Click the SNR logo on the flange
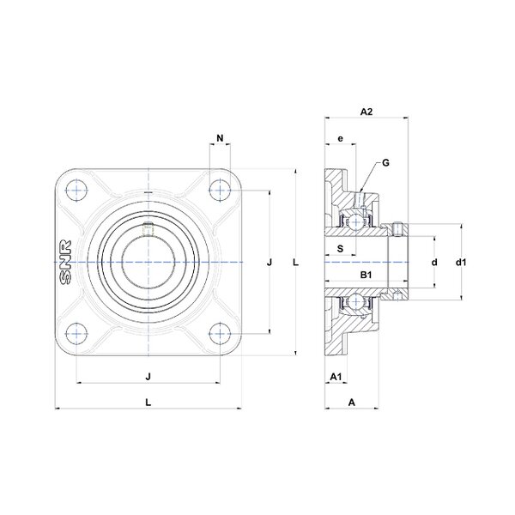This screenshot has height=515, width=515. click(x=65, y=263)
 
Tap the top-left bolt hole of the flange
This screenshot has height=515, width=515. click(x=76, y=191)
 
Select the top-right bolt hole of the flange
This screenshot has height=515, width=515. click(x=220, y=191)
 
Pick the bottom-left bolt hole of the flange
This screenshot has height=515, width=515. click(x=76, y=333)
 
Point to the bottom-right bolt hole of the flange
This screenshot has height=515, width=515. click(x=220, y=333)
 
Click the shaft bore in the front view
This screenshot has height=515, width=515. click(x=148, y=262)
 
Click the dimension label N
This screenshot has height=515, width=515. click(x=220, y=138)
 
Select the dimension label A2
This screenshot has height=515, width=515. click(x=367, y=112)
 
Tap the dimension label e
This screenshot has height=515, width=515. click(x=340, y=138)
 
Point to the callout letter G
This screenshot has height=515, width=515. click(x=385, y=162)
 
